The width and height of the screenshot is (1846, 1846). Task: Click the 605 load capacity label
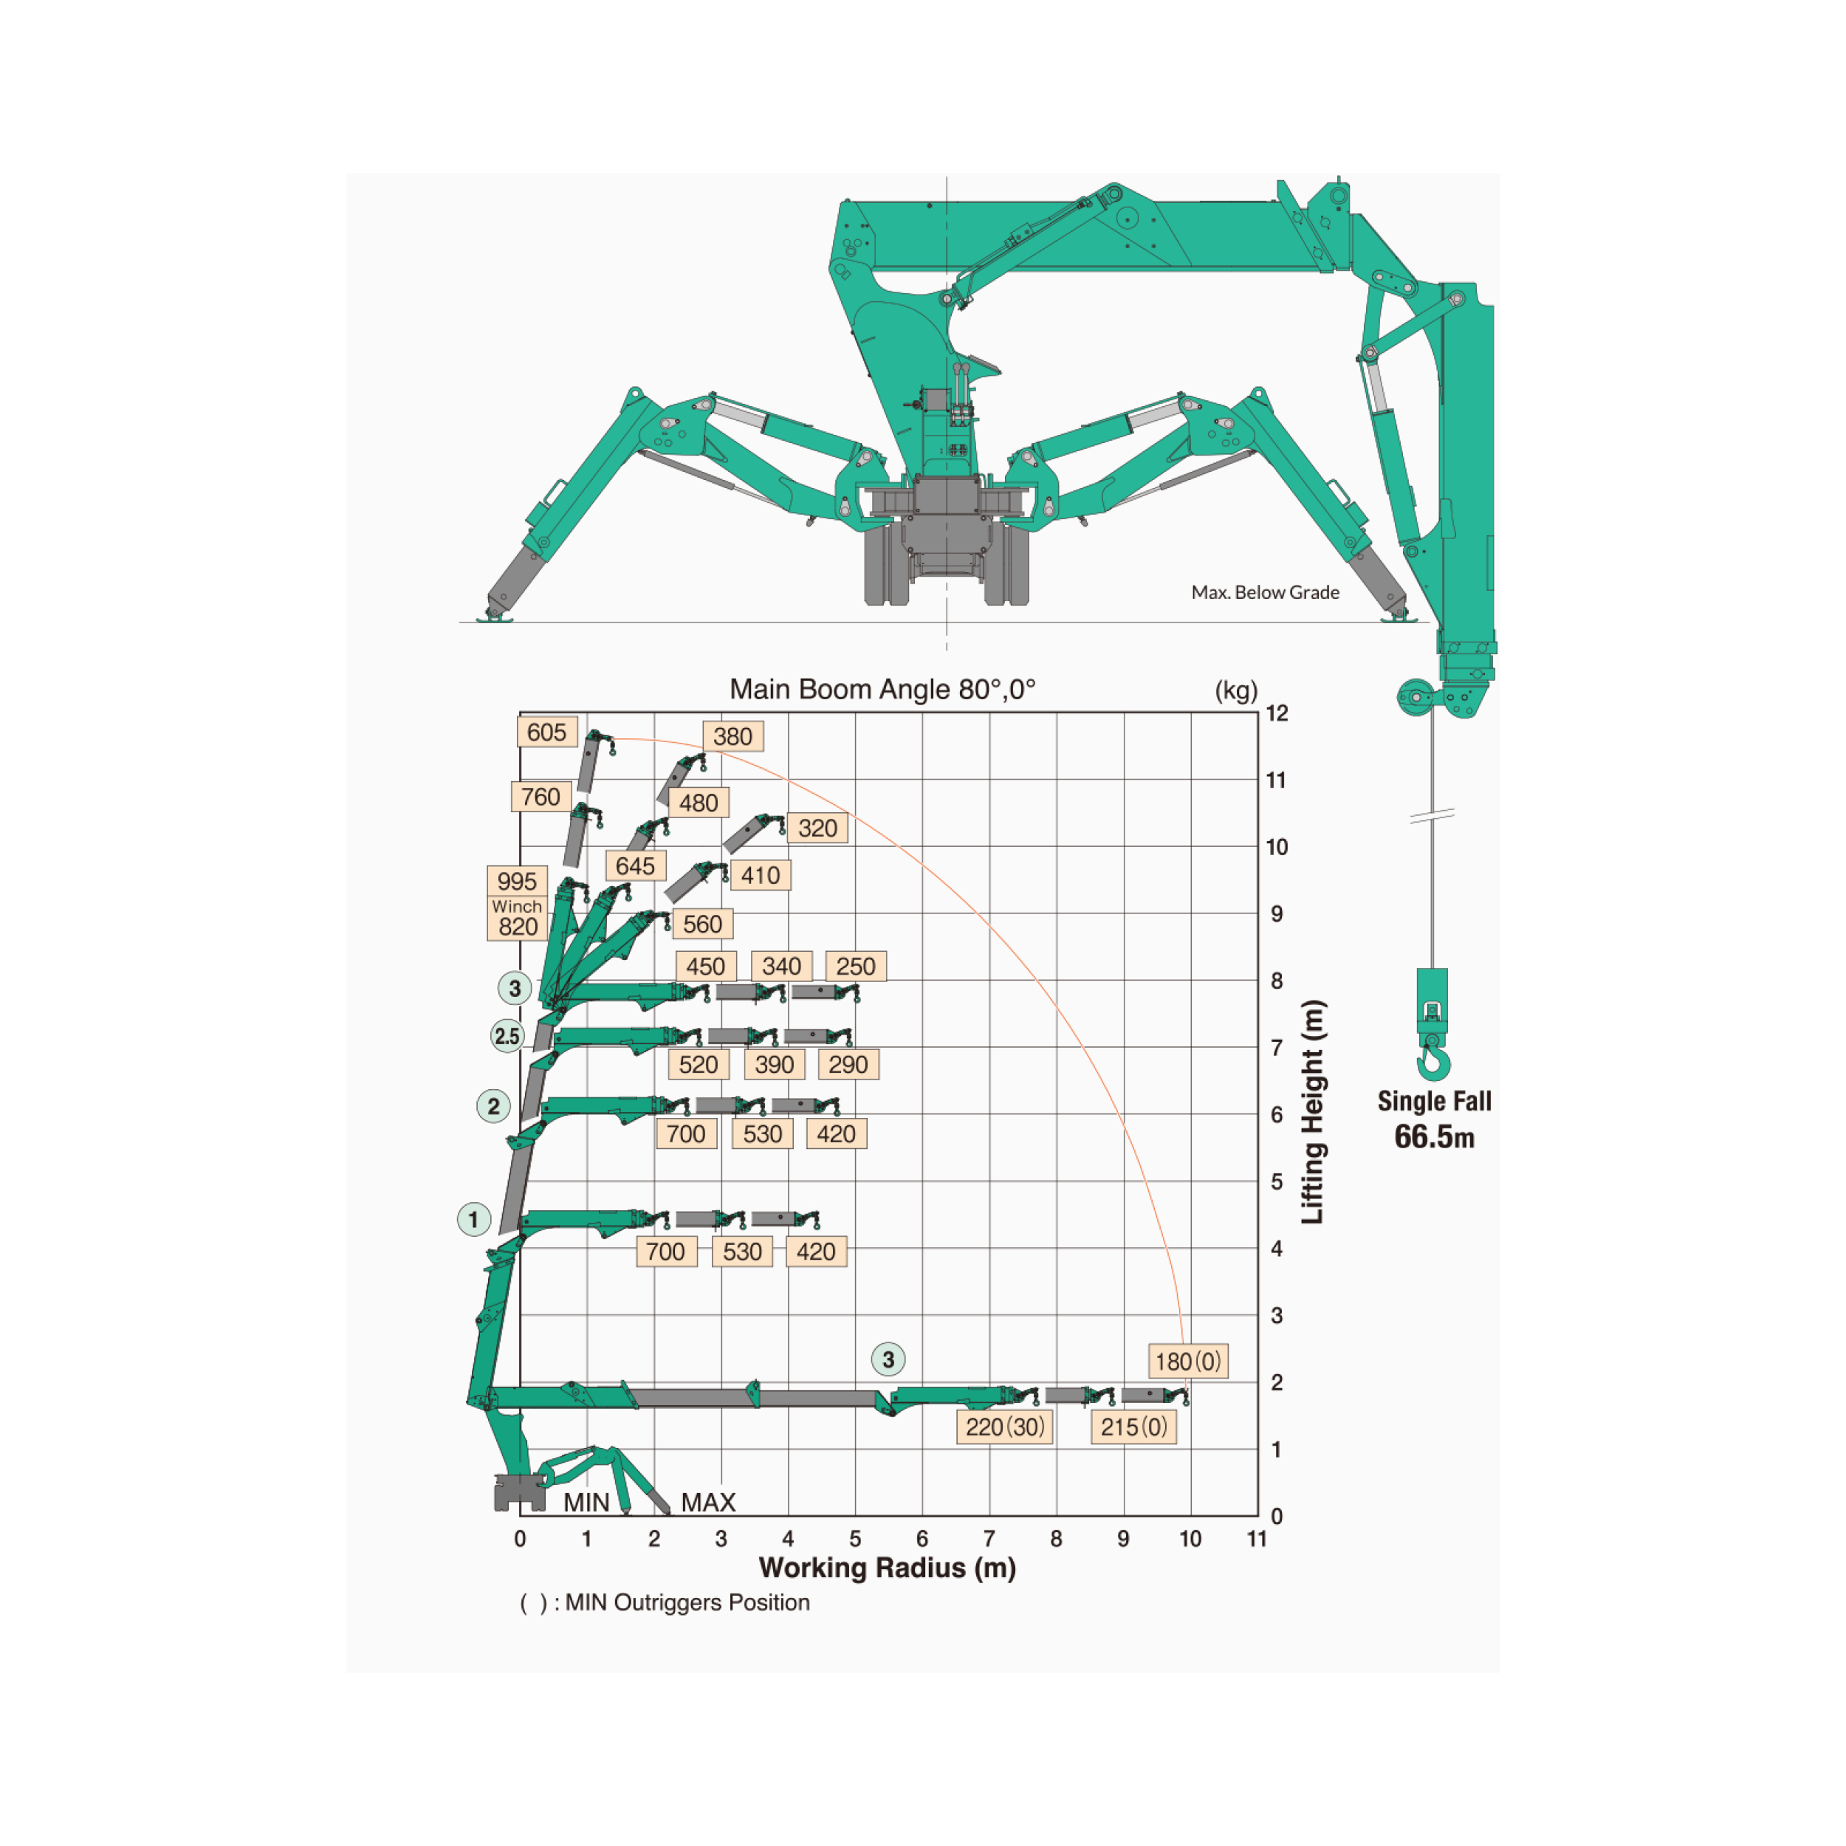pos(546,732)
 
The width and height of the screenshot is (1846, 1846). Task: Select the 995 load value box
pos(517,881)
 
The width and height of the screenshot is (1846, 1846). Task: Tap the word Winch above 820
pos(517,906)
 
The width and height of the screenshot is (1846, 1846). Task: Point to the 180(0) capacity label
pos(1187,1362)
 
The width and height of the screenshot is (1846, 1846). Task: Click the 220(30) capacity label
pos(1004,1427)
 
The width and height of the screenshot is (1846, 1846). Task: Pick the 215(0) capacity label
pos(1133,1427)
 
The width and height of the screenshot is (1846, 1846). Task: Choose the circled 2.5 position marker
pos(507,1036)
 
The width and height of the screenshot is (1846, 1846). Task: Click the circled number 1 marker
pos(474,1219)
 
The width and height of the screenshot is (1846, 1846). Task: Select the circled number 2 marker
pos(494,1106)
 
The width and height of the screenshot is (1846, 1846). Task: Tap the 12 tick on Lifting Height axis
pos(1277,713)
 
